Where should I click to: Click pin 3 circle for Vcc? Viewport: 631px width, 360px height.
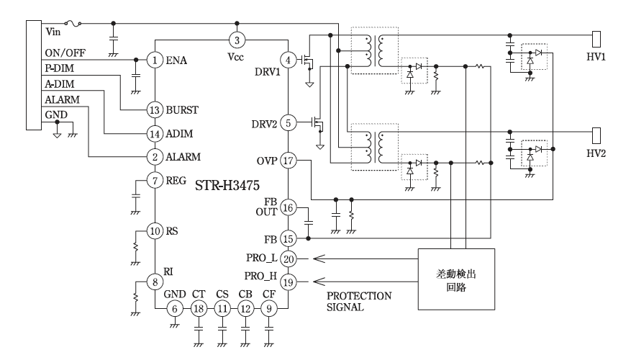[238, 39]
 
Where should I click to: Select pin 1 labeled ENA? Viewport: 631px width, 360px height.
[155, 60]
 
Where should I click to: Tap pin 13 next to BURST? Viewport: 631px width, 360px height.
[155, 110]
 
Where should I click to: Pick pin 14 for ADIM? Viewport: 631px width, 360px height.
[155, 134]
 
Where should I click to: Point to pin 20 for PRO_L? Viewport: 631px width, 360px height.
[288, 258]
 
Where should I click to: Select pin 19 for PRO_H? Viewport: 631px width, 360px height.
[288, 282]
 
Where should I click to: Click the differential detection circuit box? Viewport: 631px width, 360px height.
[457, 279]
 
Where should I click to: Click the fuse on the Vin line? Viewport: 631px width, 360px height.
[74, 24]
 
